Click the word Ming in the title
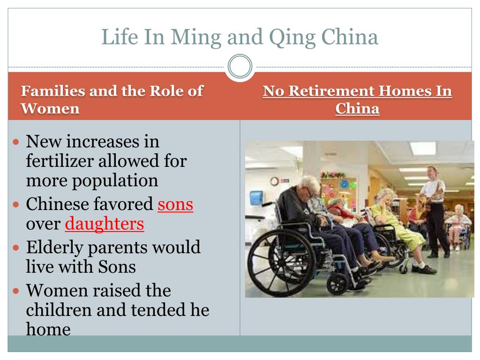coord(196,37)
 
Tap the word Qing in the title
coord(292,37)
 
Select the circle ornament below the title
coord(240,67)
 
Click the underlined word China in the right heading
coord(357,108)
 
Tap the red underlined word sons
coord(175,204)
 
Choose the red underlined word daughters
coord(105,224)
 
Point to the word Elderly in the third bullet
coord(54,247)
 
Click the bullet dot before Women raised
coord(16,291)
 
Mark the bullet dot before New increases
coord(16,142)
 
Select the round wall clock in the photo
coord(274,181)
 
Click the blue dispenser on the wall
coord(256,198)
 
